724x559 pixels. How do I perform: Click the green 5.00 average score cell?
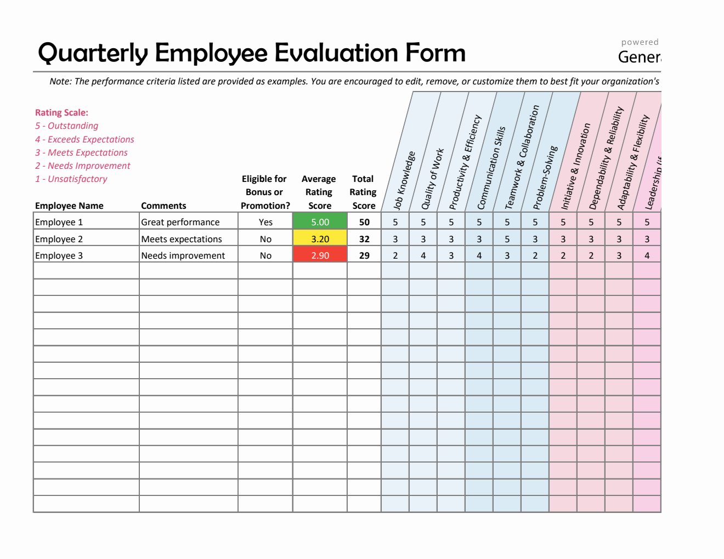click(x=320, y=222)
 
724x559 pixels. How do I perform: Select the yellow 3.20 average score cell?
click(x=320, y=239)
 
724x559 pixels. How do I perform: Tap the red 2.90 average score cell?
click(x=320, y=255)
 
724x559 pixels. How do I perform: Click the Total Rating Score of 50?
click(x=364, y=222)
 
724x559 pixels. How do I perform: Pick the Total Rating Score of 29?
click(x=364, y=255)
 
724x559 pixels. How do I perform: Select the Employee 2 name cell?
click(x=59, y=239)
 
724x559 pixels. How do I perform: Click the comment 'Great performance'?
click(x=180, y=222)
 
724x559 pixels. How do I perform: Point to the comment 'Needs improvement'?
click(x=183, y=255)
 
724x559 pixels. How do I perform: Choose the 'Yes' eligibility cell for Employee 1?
click(x=265, y=222)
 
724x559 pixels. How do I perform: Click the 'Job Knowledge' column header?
click(x=404, y=181)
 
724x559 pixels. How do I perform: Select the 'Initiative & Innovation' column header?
click(x=575, y=167)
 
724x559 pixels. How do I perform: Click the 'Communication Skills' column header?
click(x=491, y=168)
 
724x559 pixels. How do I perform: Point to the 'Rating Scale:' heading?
click(x=61, y=112)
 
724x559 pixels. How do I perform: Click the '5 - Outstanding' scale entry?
click(x=67, y=126)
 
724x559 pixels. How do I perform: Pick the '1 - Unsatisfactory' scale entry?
click(x=71, y=179)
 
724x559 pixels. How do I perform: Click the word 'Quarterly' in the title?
click(x=93, y=53)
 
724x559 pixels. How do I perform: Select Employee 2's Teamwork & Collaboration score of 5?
click(x=507, y=239)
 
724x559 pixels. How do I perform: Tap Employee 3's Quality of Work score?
click(x=423, y=255)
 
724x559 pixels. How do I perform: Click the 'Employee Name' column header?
click(x=69, y=206)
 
